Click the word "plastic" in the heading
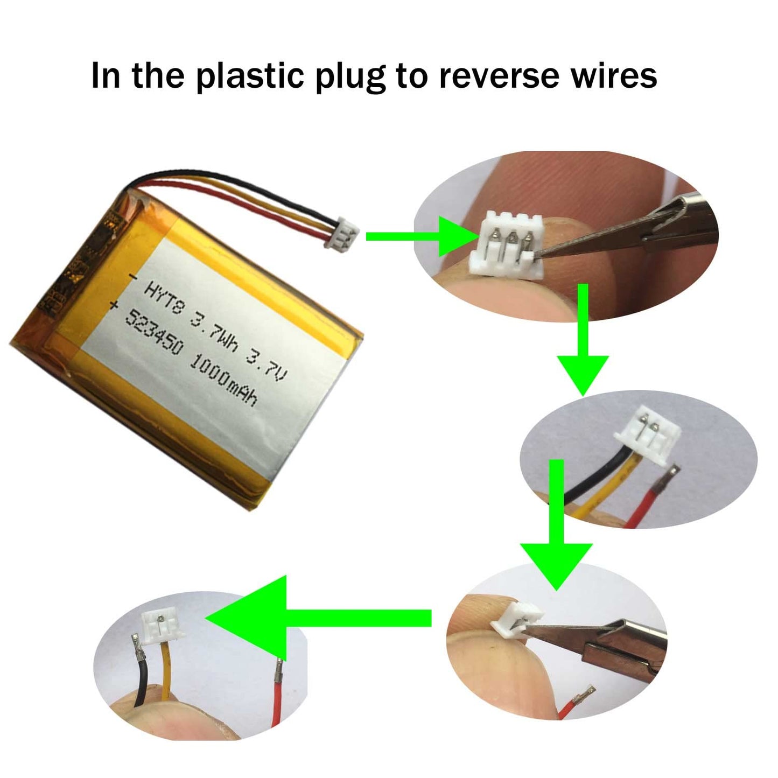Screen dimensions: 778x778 (249, 76)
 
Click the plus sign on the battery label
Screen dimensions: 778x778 (114, 306)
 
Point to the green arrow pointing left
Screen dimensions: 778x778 (319, 618)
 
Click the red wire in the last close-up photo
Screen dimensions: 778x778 (277, 699)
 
